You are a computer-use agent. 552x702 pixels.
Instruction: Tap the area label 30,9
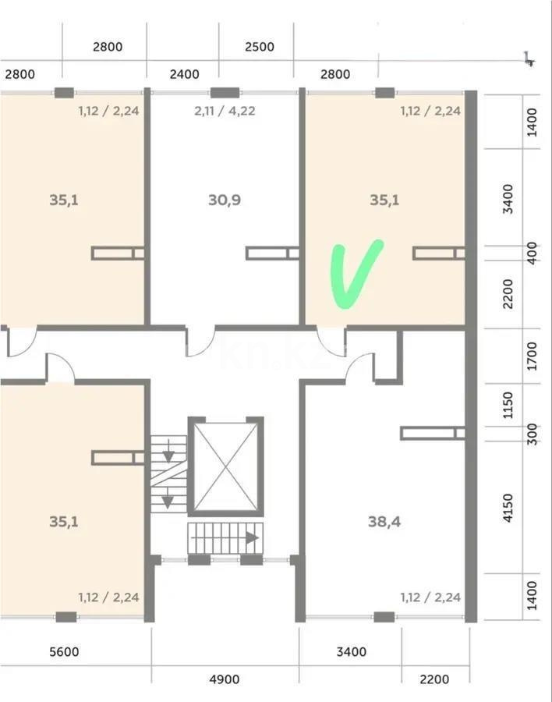225,200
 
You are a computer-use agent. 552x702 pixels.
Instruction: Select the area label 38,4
384,522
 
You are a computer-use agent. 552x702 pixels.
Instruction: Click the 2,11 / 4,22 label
225,111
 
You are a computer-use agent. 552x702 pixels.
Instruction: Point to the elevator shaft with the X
225,466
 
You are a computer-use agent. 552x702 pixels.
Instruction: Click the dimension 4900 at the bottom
225,679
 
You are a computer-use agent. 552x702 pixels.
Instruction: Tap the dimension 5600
64,651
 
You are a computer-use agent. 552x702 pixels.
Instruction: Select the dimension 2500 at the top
260,47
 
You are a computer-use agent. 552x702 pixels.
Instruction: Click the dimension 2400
185,74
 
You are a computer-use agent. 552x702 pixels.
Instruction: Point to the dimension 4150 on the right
508,508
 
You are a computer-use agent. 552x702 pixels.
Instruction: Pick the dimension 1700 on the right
532,356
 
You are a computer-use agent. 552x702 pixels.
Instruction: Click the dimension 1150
508,405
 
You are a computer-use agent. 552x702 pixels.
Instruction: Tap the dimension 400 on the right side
532,253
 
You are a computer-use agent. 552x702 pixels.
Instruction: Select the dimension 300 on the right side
532,434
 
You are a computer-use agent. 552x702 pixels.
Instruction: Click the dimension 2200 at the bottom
434,679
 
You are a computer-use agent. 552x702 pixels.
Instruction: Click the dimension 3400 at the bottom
352,651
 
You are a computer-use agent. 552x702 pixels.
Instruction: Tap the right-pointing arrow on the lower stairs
252,537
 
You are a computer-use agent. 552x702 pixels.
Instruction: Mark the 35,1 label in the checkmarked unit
384,200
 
